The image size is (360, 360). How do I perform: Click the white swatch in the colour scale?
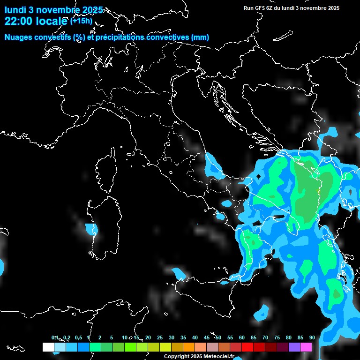point(48,347)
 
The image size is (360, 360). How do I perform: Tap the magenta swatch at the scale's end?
point(306,347)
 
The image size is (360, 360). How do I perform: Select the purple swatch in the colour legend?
point(294,347)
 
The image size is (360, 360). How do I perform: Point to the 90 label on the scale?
point(312,337)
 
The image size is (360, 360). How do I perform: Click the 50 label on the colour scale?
point(218,337)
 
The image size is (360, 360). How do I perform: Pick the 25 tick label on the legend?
point(160,337)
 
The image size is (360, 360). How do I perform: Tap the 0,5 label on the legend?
point(78,337)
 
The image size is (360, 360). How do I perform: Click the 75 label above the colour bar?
point(277,337)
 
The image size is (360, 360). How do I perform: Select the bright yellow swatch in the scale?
point(165,347)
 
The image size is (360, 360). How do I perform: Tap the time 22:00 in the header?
point(18,21)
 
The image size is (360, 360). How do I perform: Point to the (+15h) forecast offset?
point(81,21)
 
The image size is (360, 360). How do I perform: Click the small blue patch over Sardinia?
point(90,229)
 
